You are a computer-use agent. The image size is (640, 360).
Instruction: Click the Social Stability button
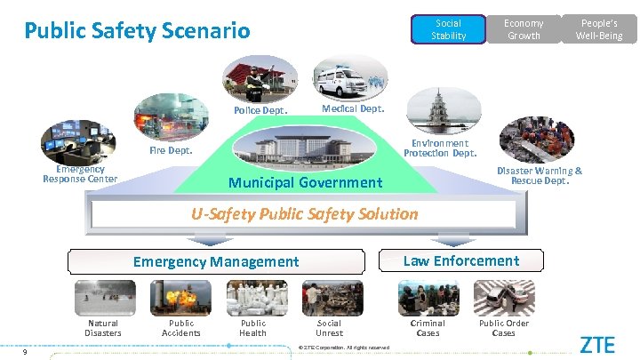point(448,29)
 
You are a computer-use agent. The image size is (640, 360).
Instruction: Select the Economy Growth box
point(524,29)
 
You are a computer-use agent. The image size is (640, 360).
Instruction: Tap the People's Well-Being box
point(599,29)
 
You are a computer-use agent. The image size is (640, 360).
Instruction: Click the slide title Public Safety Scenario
point(137,31)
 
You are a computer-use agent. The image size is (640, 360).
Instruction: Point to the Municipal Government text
point(305,182)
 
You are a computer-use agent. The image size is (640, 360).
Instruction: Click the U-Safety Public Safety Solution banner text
point(305,213)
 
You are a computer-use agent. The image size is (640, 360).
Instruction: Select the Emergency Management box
point(216,261)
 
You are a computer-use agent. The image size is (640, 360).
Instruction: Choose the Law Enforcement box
point(460,260)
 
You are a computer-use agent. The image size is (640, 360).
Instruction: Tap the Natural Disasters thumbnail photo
point(103,299)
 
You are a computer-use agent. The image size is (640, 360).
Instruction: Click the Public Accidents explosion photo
point(180,299)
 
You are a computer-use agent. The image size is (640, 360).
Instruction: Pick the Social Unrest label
point(329,328)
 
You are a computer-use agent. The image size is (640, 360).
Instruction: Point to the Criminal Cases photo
point(428,298)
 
